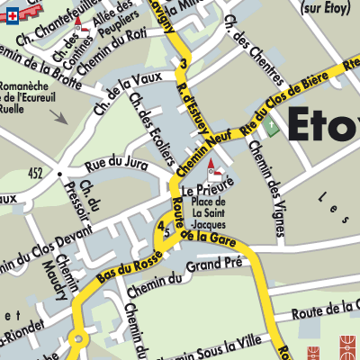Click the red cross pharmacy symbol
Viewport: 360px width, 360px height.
(9, 14)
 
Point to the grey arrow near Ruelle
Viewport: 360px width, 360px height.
(58, 116)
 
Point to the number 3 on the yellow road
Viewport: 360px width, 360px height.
(184, 63)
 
